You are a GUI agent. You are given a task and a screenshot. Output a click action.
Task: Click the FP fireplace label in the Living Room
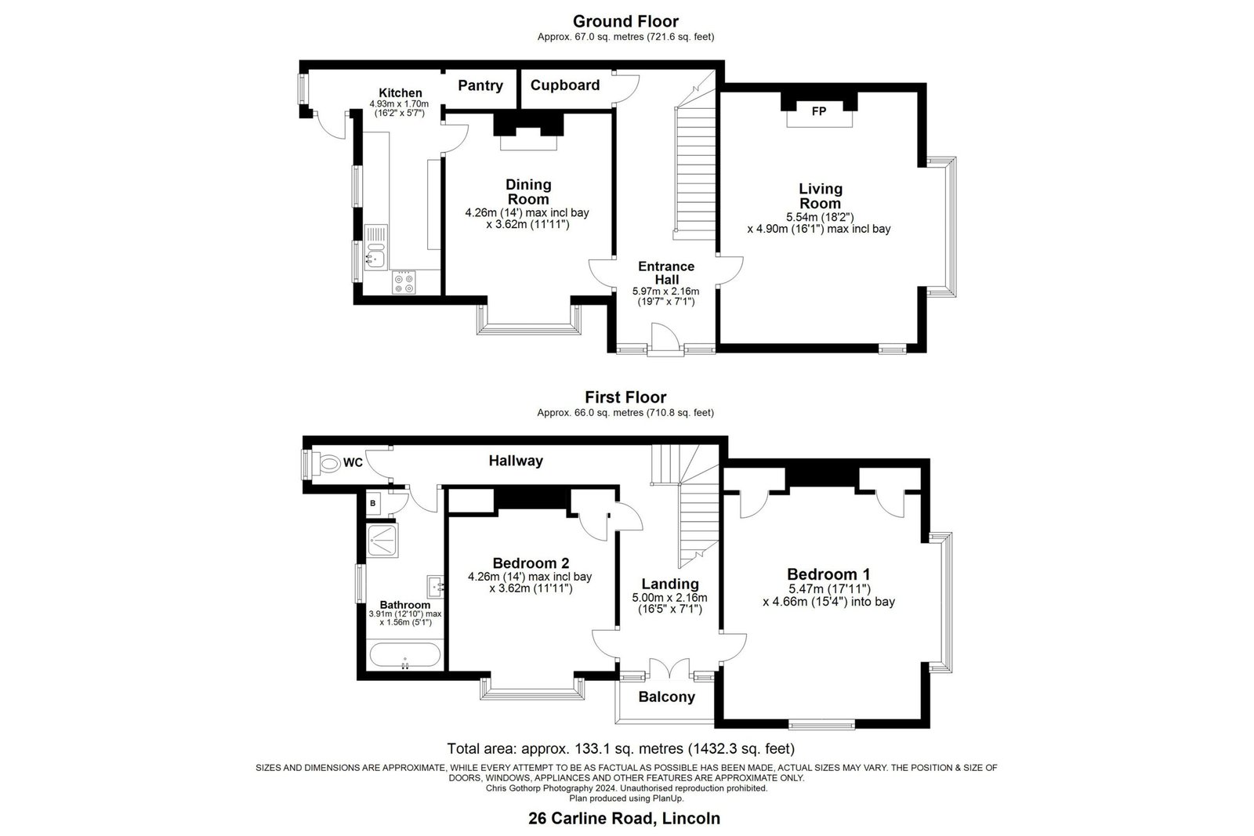coord(818,111)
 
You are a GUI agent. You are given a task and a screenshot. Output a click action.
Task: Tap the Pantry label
coord(480,85)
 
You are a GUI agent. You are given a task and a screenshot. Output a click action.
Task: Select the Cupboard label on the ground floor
coord(565,85)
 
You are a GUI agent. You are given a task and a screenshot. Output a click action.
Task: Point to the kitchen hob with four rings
coord(404,282)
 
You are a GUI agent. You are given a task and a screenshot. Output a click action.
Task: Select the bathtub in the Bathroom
coord(404,655)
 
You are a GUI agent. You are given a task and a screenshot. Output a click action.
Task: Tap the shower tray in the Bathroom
coord(382,540)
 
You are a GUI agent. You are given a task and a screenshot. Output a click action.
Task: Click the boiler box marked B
coord(373,504)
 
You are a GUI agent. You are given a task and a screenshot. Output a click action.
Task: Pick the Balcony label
coord(666,697)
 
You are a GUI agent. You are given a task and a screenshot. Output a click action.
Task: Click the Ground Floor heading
coord(625,21)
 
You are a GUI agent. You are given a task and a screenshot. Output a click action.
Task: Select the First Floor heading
coord(625,397)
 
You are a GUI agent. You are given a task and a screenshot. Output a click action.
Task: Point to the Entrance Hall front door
coord(665,339)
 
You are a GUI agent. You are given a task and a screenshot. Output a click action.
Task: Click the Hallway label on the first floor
coord(516,461)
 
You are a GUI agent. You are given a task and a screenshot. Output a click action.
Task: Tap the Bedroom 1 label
coord(828,574)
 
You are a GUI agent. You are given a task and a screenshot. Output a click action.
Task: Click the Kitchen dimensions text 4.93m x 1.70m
coord(399,104)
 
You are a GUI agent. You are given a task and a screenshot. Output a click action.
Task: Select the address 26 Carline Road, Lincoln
coord(624,818)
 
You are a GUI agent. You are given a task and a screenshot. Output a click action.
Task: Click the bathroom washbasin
coord(436,586)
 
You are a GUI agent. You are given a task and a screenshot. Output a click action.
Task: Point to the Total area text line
coord(621,749)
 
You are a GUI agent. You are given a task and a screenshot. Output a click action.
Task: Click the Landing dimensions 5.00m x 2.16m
coord(669,598)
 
